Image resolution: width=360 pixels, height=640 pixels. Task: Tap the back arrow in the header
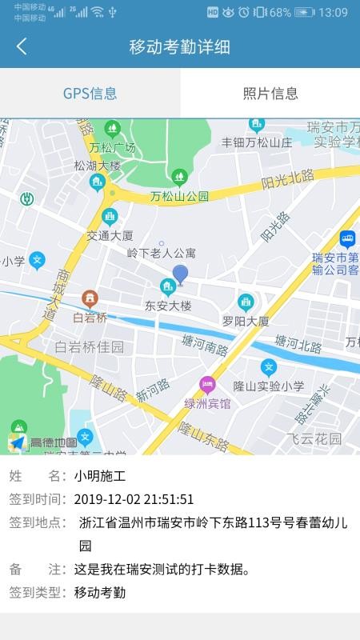[22, 46]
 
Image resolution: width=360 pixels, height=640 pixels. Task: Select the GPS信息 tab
[90, 94]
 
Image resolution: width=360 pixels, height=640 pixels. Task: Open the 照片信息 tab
[270, 94]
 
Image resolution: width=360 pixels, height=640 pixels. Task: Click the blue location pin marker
[181, 274]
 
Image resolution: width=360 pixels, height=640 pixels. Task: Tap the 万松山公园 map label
[179, 196]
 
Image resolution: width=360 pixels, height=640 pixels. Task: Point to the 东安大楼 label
[168, 306]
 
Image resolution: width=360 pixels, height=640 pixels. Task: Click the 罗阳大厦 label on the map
[246, 321]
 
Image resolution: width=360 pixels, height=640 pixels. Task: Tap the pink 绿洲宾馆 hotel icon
[207, 385]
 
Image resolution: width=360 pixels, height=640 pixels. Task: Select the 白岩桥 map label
[90, 318]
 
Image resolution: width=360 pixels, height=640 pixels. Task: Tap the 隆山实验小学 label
[269, 386]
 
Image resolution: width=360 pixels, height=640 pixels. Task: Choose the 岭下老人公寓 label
[162, 253]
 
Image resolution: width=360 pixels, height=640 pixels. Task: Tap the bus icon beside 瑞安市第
[347, 238]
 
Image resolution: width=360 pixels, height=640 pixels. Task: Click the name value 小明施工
[100, 477]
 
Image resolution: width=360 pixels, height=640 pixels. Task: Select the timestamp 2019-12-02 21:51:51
[134, 500]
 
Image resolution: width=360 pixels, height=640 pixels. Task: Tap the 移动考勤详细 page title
[180, 46]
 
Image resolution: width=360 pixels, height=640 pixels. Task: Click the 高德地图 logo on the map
[44, 442]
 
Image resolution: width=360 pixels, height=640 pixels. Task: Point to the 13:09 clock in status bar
[333, 12]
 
